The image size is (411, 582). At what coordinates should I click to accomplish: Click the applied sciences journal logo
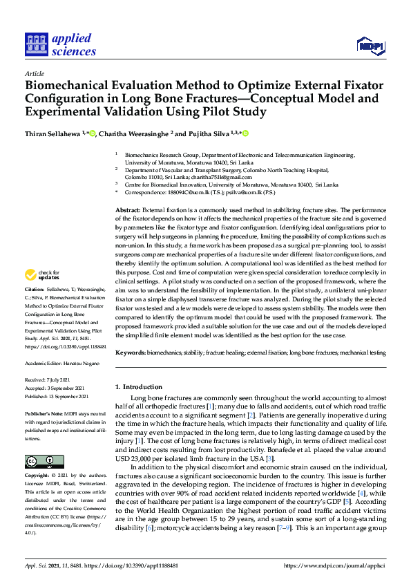[x=60, y=44]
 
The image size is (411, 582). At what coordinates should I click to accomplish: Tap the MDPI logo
[x=370, y=46]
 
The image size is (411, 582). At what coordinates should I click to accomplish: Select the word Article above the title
[x=34, y=73]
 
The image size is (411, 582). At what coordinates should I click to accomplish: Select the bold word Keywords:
[x=131, y=353]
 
